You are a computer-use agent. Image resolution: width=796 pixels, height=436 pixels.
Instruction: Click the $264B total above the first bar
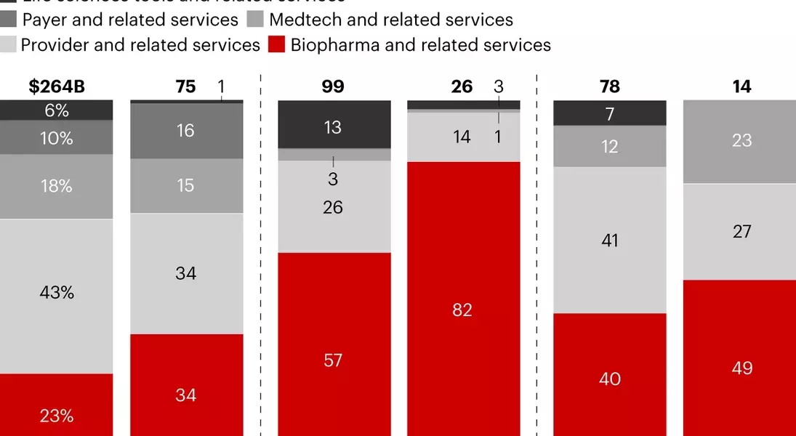pyautogui.click(x=57, y=86)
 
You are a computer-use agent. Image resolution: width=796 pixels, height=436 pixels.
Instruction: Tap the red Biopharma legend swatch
pyautogui.click(x=276, y=45)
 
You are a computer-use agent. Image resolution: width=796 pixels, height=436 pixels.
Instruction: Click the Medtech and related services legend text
pyautogui.click(x=391, y=20)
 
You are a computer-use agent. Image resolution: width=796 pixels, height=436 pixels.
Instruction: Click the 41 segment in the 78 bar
pyautogui.click(x=610, y=240)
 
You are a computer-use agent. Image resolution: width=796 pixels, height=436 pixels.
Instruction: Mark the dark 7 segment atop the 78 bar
pyautogui.click(x=610, y=113)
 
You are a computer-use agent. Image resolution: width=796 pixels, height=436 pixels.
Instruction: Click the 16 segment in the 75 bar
pyautogui.click(x=186, y=131)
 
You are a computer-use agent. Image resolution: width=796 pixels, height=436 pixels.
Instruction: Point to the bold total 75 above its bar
pyautogui.click(x=186, y=86)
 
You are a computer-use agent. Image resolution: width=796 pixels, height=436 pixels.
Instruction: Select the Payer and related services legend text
pyautogui.click(x=130, y=20)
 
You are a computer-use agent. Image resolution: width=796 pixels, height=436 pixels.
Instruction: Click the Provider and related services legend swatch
pyautogui.click(x=8, y=45)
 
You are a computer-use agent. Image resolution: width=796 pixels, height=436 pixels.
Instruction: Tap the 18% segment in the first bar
pyautogui.click(x=57, y=186)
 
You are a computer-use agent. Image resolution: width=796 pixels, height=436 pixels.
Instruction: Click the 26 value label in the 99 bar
pyautogui.click(x=334, y=207)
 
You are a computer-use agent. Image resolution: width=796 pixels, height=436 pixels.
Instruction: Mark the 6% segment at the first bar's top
pyautogui.click(x=57, y=110)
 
